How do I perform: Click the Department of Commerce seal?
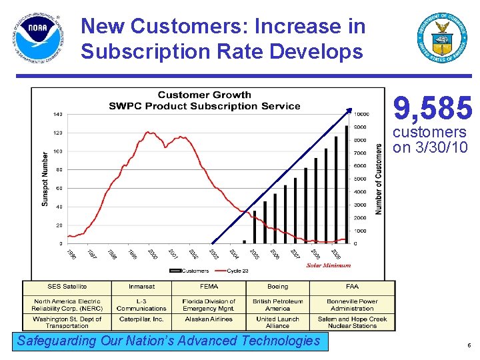[442, 37]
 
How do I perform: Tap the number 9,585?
[433, 108]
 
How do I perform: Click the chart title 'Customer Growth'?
[204, 95]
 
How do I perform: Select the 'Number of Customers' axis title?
[379, 179]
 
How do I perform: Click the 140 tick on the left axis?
[58, 115]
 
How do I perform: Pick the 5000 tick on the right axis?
[359, 179]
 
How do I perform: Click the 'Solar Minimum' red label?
[328, 265]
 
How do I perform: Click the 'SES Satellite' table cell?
[67, 287]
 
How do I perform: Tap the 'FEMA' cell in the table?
[209, 287]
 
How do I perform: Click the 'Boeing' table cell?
[277, 287]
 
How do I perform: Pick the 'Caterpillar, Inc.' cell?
[141, 319]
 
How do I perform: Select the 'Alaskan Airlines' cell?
[209, 319]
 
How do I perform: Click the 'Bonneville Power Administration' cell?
[352, 305]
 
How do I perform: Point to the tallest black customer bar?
[347, 183]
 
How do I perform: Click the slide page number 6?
[469, 345]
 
